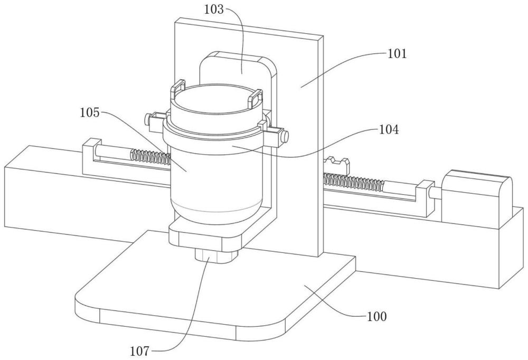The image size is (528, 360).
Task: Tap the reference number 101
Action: tap(397, 53)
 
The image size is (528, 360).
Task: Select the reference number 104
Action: tap(389, 129)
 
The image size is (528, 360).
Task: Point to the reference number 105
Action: tap(90, 112)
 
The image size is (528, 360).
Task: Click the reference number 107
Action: tap(140, 351)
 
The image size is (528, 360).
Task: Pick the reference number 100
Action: tap(377, 316)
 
